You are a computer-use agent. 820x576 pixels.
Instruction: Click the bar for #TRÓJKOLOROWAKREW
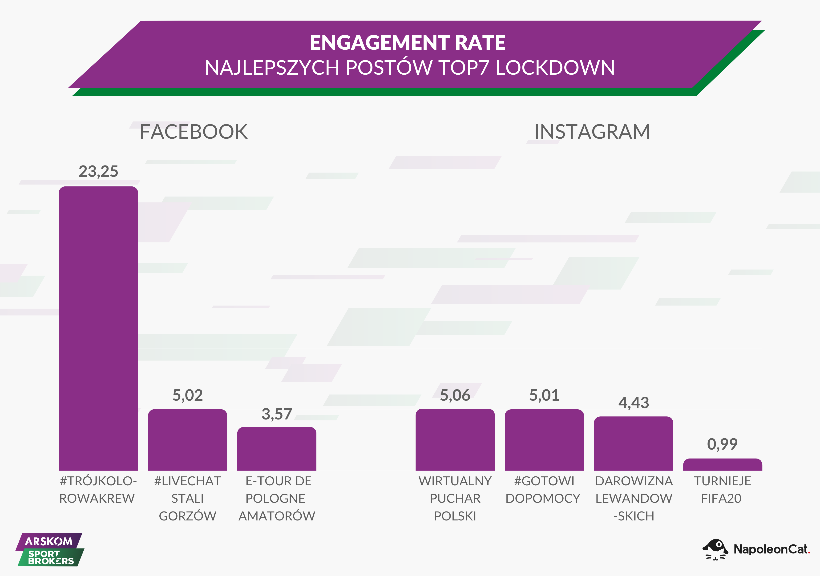[98, 329]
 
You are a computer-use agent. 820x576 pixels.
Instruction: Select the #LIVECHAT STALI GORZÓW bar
[187, 440]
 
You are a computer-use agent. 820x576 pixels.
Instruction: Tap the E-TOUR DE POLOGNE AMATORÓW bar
[277, 449]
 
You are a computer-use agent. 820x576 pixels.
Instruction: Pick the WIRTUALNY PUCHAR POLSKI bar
[455, 440]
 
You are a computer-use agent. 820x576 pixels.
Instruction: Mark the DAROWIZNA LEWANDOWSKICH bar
[634, 443]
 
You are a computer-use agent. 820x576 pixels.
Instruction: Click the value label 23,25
[98, 171]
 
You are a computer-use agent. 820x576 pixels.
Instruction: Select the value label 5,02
[187, 395]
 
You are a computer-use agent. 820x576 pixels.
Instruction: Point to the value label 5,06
[455, 395]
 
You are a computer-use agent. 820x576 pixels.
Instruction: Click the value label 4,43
[634, 403]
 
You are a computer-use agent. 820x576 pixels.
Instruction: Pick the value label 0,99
[722, 444]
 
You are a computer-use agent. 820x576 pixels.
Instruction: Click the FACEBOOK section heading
[193, 132]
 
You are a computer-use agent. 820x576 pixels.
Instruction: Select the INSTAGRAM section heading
[592, 132]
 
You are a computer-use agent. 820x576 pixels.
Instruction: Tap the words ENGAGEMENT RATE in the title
[408, 43]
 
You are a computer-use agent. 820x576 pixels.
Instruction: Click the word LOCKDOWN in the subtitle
[555, 68]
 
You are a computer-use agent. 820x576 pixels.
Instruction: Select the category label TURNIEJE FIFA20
[722, 490]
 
